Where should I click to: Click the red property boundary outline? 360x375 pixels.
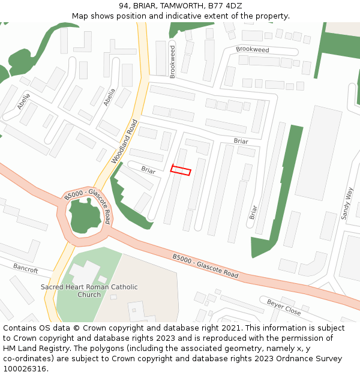pos(181,170)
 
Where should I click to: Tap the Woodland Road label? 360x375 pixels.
pos(124,142)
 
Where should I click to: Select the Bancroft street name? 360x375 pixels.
pos(25,268)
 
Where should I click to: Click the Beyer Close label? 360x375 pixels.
pos(284,307)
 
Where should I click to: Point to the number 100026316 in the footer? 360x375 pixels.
pos(24,368)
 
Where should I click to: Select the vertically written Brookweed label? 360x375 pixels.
pos(173,62)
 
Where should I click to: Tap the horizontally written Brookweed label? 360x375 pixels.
pos(253,50)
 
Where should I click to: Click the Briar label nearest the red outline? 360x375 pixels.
pos(148,170)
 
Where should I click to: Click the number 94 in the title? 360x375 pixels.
pos(124,6)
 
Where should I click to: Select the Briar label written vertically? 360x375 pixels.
pos(253,212)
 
